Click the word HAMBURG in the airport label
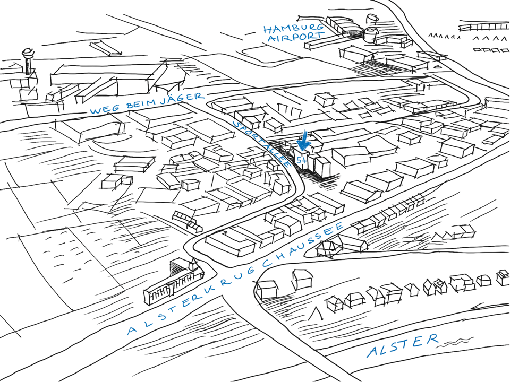[x=293, y=28]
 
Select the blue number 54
[x=302, y=159]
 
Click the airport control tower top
[x=27, y=54]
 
